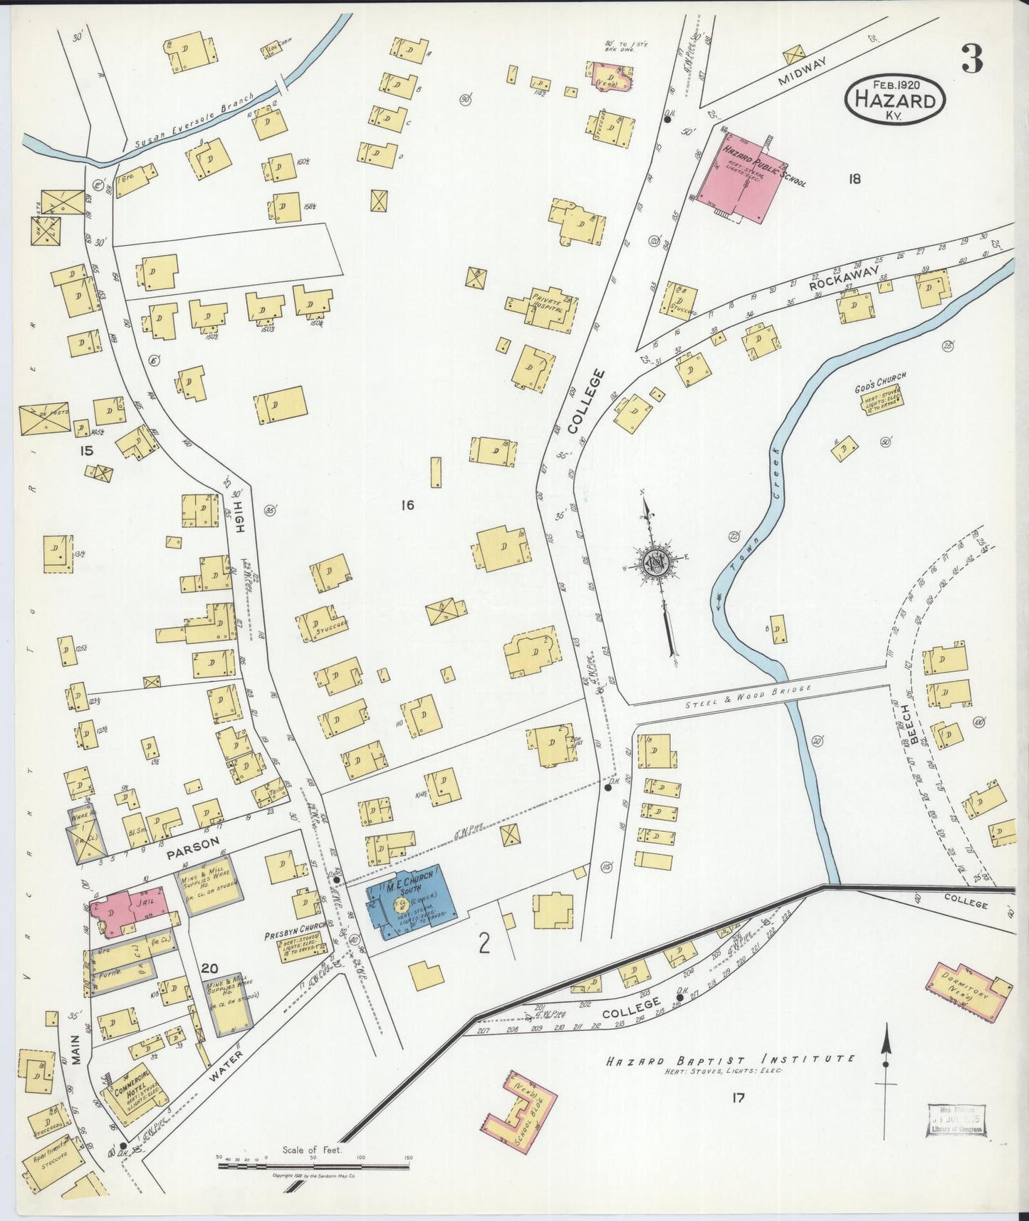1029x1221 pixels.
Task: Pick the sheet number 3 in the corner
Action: pyautogui.click(x=971, y=58)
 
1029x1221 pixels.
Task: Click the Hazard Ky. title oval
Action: pyautogui.click(x=896, y=101)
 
